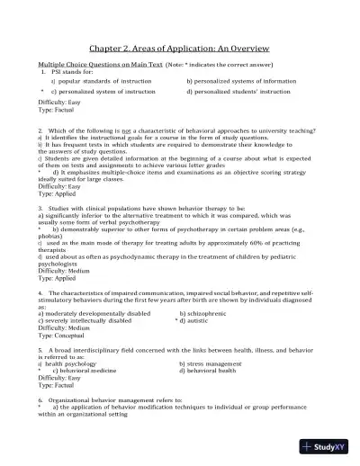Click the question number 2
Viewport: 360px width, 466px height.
point(40,130)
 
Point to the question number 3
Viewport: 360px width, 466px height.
point(40,207)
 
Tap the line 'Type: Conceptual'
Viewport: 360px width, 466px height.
point(67,335)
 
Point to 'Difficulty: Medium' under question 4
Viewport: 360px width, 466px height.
point(65,327)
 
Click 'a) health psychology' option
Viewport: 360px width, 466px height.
point(80,363)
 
